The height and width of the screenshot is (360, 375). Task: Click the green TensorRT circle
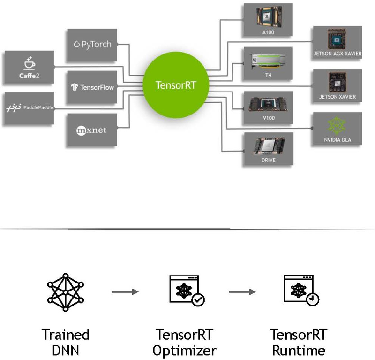175,84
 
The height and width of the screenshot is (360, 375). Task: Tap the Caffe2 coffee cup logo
29,63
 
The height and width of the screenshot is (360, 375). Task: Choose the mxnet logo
92,130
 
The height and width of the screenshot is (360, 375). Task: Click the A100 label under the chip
268,33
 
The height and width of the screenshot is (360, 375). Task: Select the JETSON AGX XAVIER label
337,54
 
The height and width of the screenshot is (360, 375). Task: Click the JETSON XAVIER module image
337,82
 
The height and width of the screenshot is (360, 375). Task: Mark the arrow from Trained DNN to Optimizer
125,292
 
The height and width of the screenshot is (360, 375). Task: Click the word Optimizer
185,350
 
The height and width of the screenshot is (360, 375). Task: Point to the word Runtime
298,350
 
